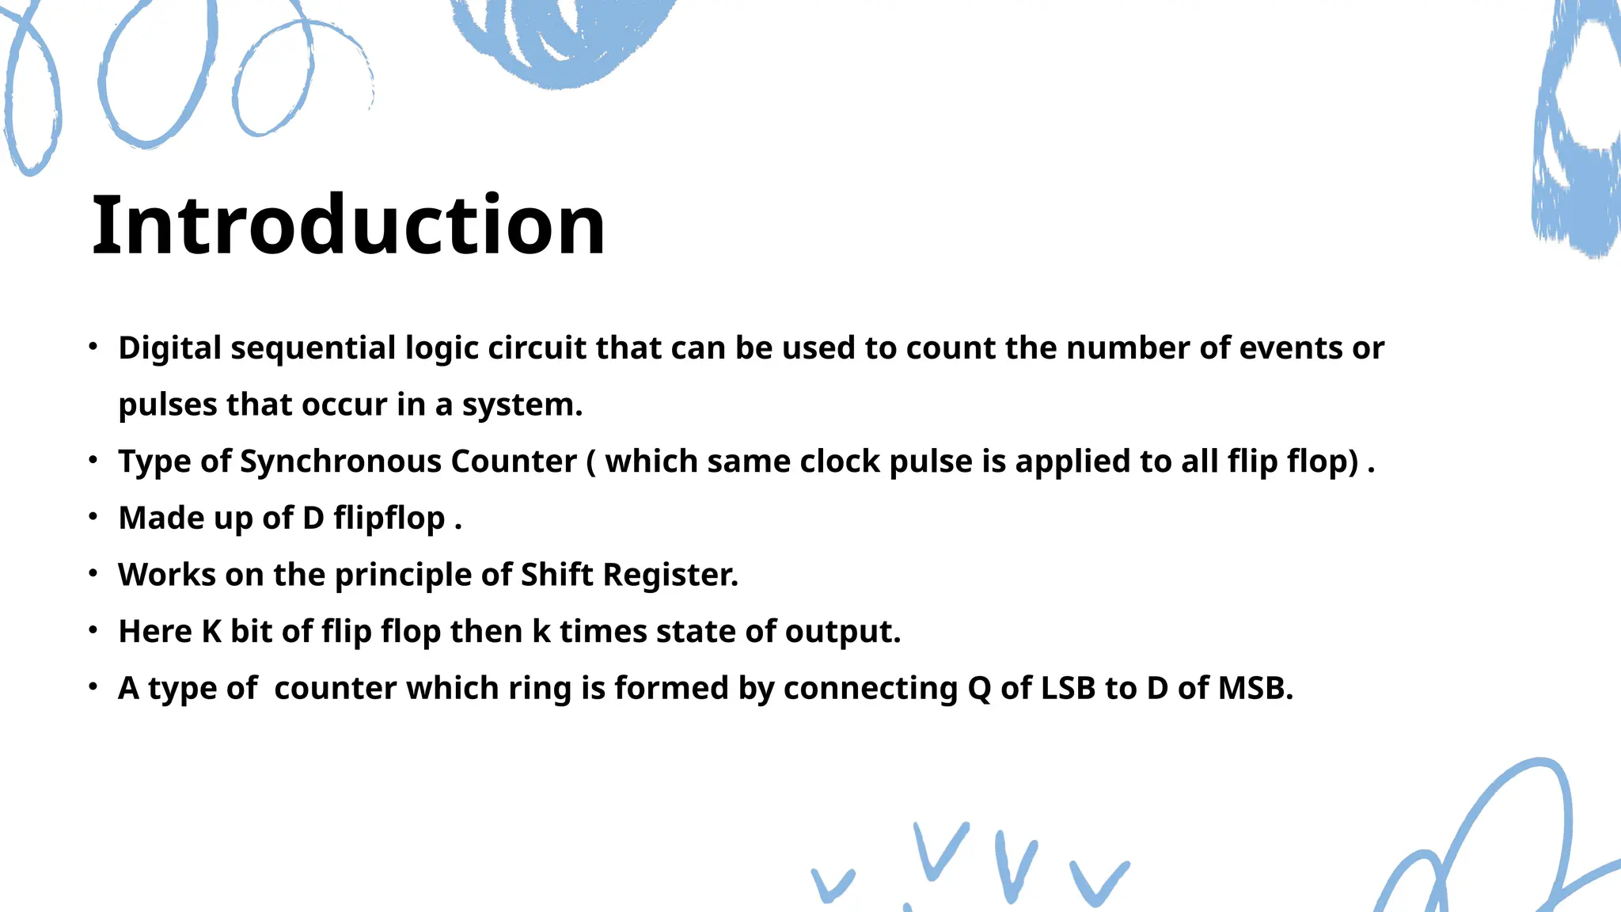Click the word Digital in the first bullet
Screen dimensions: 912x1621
click(x=169, y=348)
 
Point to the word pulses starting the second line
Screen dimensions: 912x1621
click(x=167, y=405)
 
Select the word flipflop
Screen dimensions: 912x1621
click(x=389, y=519)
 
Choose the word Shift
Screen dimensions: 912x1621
click(x=557, y=575)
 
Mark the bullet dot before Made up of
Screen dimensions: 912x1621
click(x=93, y=517)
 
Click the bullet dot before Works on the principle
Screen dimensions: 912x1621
click(x=93, y=573)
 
